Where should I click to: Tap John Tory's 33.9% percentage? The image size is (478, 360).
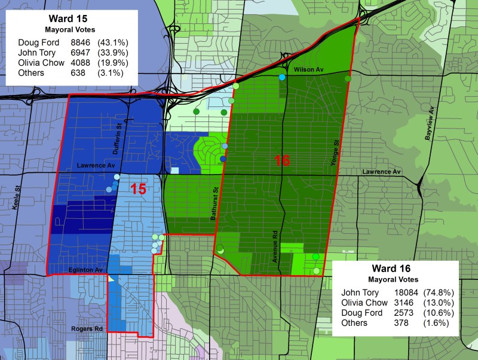point(110,53)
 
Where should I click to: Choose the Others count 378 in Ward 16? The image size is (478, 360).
point(400,324)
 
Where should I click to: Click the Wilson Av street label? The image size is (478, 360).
point(308,71)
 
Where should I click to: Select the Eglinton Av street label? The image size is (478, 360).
point(85,270)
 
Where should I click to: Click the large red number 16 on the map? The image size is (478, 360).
point(283,160)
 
